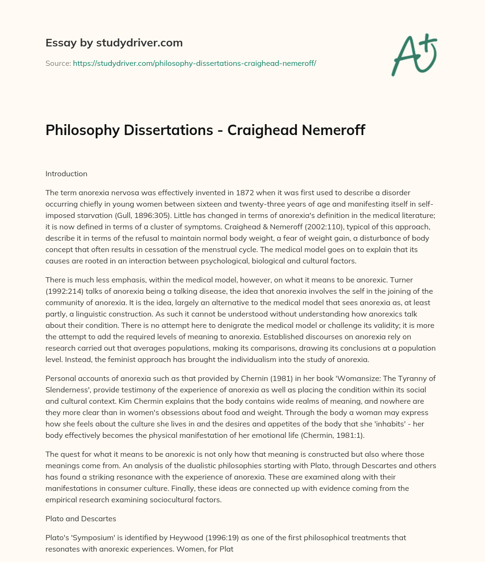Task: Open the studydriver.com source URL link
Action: pyautogui.click(x=194, y=63)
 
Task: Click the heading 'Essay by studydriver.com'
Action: pyautogui.click(x=114, y=43)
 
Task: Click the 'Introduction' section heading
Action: pyautogui.click(x=66, y=173)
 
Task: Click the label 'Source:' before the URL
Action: pyautogui.click(x=58, y=63)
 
